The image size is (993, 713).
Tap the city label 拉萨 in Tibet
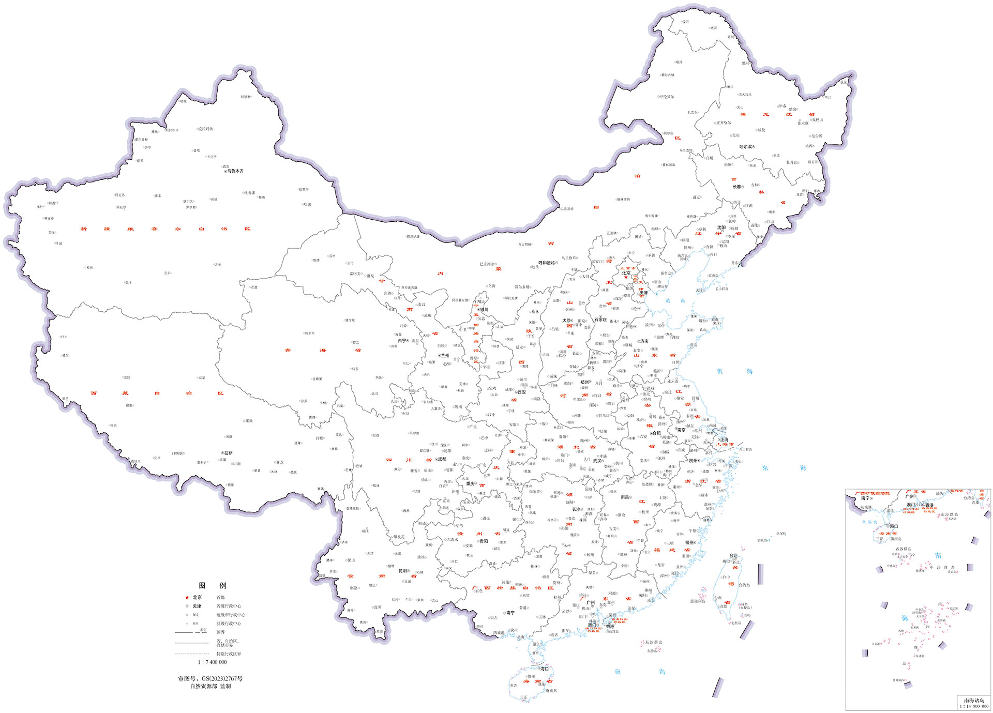(228, 453)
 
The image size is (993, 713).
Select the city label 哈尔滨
(746, 147)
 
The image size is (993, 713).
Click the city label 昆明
(403, 571)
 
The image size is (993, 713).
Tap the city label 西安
(521, 392)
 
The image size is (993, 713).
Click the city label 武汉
(598, 461)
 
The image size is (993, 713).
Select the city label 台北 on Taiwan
(733, 556)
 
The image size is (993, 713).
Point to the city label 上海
(724, 439)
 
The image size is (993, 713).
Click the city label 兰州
(445, 356)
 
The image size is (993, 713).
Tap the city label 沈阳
(721, 227)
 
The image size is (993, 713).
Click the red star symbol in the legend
(187, 597)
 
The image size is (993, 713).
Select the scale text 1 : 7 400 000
(212, 662)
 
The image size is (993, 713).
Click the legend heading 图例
(212, 585)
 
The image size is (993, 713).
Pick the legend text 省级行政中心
(229, 606)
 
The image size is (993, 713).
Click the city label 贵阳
(484, 541)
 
